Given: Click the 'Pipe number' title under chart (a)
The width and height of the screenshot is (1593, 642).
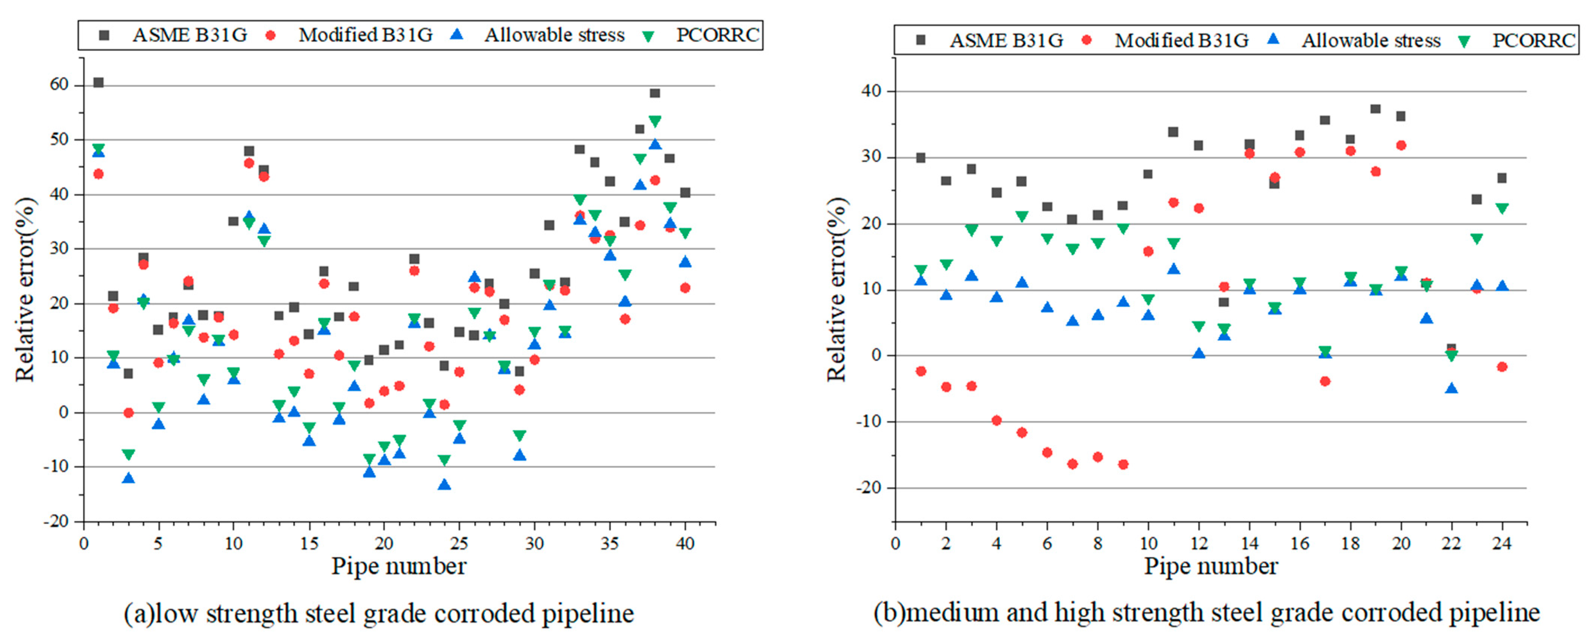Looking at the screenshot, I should tap(399, 566).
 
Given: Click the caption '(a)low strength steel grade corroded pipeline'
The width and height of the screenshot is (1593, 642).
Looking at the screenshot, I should tap(378, 613).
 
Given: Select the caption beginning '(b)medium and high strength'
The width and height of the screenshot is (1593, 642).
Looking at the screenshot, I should tap(1206, 612).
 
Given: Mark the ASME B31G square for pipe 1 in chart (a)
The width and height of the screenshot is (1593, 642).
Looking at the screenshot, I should tap(98, 82).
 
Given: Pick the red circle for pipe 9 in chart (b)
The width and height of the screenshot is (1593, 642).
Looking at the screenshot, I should tap(1123, 464).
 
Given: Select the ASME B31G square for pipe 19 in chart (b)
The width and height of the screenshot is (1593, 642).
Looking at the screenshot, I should tap(1375, 109).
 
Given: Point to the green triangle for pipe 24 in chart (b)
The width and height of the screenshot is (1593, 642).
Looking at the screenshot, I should tap(1501, 208).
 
